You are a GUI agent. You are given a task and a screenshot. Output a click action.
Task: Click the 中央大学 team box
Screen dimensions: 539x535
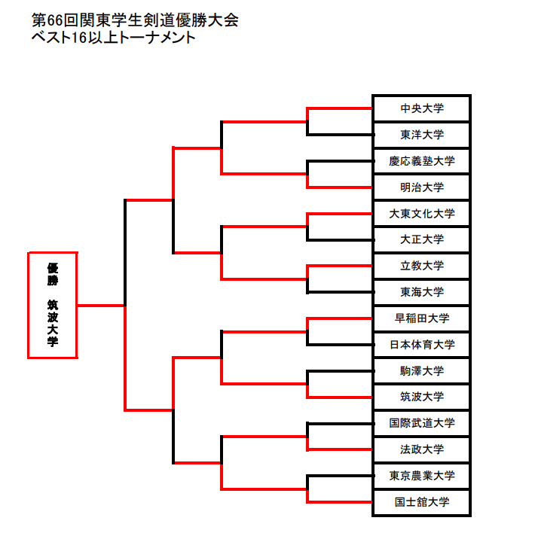pyautogui.click(x=422, y=108)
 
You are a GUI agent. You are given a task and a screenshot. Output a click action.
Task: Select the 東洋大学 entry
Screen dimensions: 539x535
pyautogui.click(x=422, y=135)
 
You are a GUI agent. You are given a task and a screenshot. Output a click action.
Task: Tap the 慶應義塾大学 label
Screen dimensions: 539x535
pyautogui.click(x=422, y=161)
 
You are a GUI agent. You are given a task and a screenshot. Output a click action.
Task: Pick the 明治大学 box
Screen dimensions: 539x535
pyautogui.click(x=422, y=187)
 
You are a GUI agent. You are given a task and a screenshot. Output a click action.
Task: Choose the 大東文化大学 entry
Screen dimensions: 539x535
pyautogui.click(x=422, y=214)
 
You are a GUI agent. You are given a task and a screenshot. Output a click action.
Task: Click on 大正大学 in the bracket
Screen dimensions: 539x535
pyautogui.click(x=422, y=239)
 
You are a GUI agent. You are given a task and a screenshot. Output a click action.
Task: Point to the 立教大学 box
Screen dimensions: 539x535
pyautogui.click(x=422, y=266)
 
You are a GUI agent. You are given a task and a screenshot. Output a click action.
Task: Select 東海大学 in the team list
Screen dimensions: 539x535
pyautogui.click(x=422, y=292)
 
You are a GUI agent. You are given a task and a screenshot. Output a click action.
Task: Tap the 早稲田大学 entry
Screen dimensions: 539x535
pyautogui.click(x=422, y=318)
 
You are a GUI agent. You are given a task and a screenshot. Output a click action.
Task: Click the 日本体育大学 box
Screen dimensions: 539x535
pyautogui.click(x=422, y=345)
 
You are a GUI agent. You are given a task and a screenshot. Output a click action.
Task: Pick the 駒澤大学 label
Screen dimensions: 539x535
pyautogui.click(x=422, y=371)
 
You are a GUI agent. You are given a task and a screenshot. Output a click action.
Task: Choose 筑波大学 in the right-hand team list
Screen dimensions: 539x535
pyautogui.click(x=422, y=397)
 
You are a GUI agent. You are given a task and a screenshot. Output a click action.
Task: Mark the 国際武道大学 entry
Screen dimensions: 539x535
pyautogui.click(x=422, y=423)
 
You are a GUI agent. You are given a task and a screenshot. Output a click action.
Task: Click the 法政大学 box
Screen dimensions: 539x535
pyautogui.click(x=422, y=449)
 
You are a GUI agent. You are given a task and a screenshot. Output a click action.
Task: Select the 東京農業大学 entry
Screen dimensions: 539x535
pyautogui.click(x=422, y=476)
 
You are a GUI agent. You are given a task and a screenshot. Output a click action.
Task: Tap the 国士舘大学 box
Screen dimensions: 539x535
pyautogui.click(x=422, y=502)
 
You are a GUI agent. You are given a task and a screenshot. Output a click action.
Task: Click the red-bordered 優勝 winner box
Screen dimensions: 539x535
pyautogui.click(x=52, y=305)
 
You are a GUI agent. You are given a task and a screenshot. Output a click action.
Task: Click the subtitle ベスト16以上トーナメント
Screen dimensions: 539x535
pyautogui.click(x=113, y=38)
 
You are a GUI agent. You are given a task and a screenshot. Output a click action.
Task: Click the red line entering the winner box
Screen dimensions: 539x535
pyautogui.click(x=100, y=306)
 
